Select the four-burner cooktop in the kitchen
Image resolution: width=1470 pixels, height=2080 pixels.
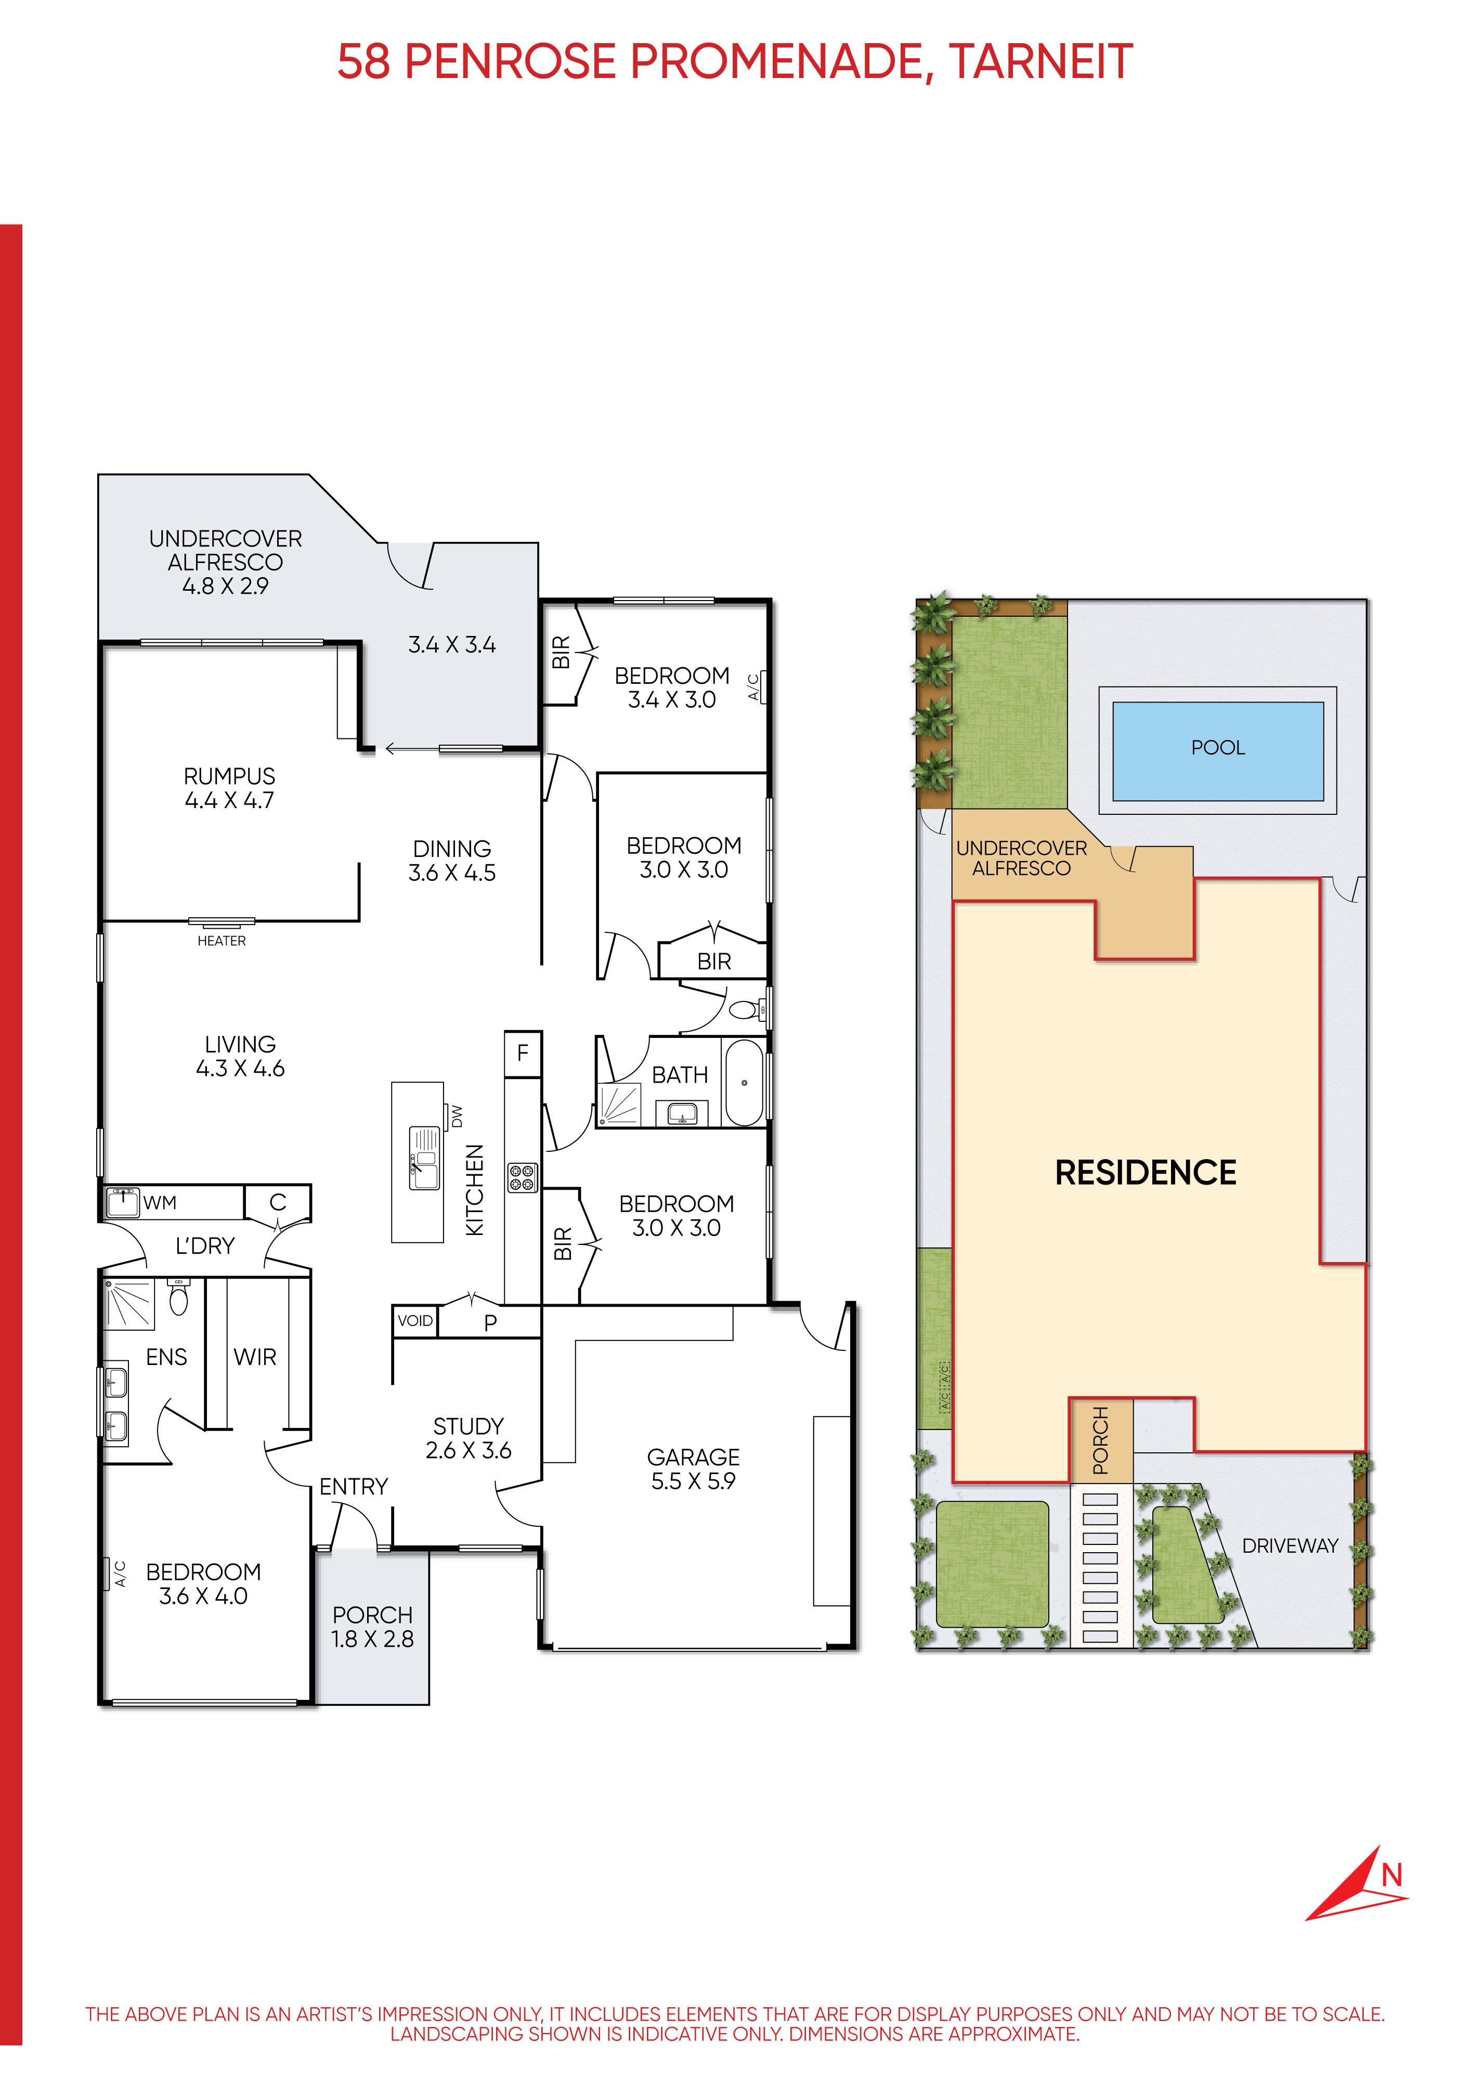(x=523, y=1177)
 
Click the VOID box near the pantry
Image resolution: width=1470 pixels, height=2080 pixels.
(x=415, y=1320)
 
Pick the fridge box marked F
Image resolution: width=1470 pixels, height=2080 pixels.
(x=523, y=1054)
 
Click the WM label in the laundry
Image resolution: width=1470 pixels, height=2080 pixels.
(x=160, y=1203)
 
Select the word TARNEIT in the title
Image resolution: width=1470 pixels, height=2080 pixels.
(x=1040, y=61)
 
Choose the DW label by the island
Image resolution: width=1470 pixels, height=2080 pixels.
(x=457, y=1115)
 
